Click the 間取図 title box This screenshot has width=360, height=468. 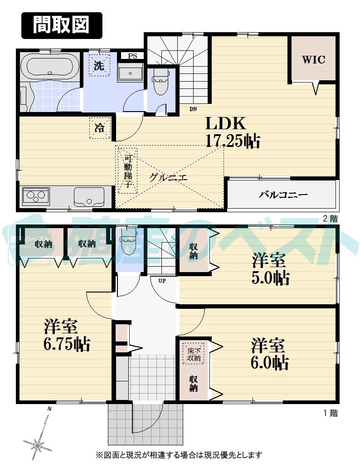click(62, 25)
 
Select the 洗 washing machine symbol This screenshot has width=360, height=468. click(99, 65)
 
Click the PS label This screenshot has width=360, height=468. click(132, 56)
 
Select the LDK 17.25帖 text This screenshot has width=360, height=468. click(232, 132)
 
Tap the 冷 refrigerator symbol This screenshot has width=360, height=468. click(99, 127)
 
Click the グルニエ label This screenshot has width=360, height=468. click(168, 178)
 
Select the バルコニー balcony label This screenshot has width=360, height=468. click(283, 195)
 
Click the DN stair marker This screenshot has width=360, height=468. click(193, 109)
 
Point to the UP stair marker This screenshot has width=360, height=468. click(161, 280)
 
